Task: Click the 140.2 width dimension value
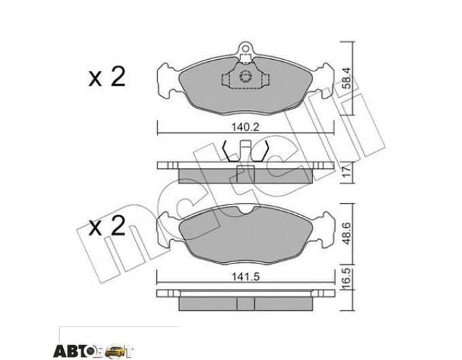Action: tap(245, 128)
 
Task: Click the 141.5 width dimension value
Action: tap(245, 277)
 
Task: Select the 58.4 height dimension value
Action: tap(347, 78)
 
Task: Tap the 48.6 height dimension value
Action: tap(347, 233)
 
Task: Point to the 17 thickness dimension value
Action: tap(347, 171)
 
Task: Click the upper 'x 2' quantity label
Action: tap(107, 77)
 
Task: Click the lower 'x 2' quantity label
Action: tap(107, 226)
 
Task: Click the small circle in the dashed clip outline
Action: tap(245, 77)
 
